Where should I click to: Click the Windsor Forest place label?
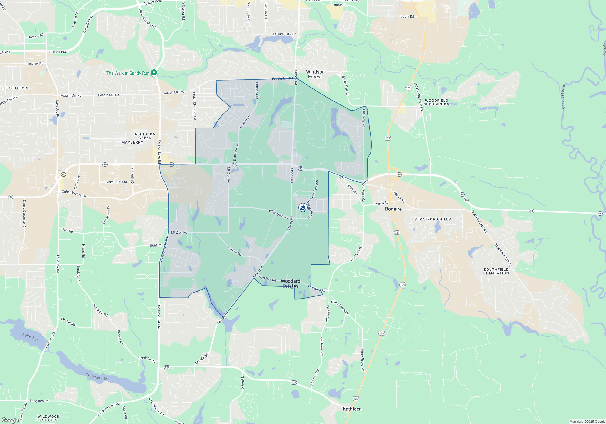[315, 74]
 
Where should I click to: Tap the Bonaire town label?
[393, 209]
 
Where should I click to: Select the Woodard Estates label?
[290, 283]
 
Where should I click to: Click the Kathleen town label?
[352, 409]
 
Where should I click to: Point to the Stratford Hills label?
[432, 219]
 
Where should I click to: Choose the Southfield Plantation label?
[496, 271]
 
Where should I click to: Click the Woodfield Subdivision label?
[436, 102]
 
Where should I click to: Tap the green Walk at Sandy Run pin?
[154, 73]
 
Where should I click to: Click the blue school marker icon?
[303, 207]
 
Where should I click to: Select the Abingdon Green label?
[145, 136]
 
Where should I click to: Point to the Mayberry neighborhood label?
[132, 142]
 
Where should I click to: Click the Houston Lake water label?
[97, 376]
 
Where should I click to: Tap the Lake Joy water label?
[30, 336]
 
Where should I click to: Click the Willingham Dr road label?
[278, 214]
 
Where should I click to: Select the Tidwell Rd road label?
[235, 251]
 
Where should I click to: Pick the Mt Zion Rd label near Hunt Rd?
[179, 232]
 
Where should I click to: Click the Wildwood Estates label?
[48, 418]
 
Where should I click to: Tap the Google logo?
[10, 420]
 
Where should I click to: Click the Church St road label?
[380, 203]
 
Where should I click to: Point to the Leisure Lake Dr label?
[284, 34]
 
